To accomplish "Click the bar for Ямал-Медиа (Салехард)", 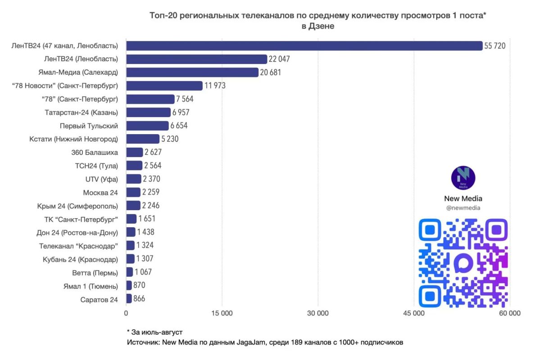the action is coord(192,72).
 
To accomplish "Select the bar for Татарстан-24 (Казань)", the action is coord(149,112).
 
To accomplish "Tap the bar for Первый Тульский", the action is coord(147,126).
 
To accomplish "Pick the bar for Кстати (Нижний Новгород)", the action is coord(143,139).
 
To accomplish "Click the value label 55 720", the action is coord(495,46).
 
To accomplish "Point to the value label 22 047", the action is coord(279,59).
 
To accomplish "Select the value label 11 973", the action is coord(215,85).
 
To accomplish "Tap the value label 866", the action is coord(139,298).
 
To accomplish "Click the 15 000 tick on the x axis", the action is coord(222,313).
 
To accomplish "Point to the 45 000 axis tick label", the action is coord(414,313).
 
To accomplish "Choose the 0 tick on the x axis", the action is coord(126,313).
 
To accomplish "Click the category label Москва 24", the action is coord(100,193).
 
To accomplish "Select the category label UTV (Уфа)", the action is coord(102,179).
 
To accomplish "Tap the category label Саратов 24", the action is coord(99,300).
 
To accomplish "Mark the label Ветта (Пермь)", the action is coord(95,273).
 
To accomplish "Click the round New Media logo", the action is coord(463,178).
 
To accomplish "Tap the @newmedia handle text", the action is coord(463,208).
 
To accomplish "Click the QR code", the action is coord(463,263).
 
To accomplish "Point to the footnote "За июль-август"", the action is coord(155,332).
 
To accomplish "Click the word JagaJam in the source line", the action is coord(251,342).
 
